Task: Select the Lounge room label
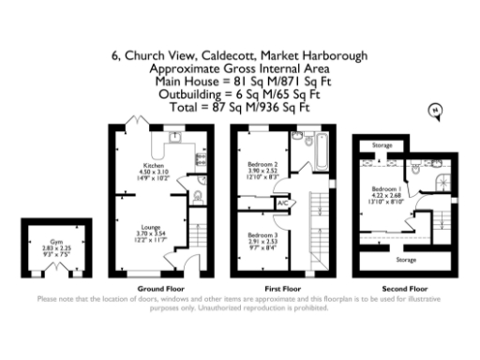pyautogui.click(x=150, y=227)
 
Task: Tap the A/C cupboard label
pyautogui.click(x=283, y=202)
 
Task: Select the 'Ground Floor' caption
pyautogui.click(x=156, y=288)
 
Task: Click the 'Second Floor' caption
pyautogui.click(x=407, y=288)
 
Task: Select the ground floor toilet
pyautogui.click(x=198, y=197)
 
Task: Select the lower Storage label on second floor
pyautogui.click(x=406, y=259)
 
